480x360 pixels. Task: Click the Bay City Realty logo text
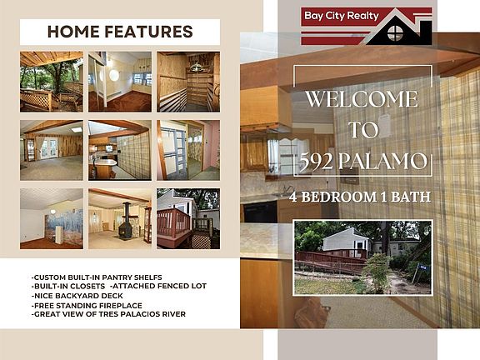(x=342, y=16)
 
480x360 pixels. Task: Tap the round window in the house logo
(x=395, y=33)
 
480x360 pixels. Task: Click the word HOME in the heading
(x=73, y=32)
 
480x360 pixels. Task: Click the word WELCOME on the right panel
(x=362, y=99)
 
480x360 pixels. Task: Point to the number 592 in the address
(x=316, y=161)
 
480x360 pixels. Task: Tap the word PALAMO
(x=382, y=161)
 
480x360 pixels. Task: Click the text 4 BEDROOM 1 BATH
(x=360, y=197)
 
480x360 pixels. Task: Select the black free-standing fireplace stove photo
(x=120, y=218)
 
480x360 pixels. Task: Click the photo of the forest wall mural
(x=52, y=218)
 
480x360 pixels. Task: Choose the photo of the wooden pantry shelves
(x=188, y=82)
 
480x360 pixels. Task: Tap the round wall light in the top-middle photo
(x=114, y=75)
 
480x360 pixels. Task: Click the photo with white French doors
(x=52, y=150)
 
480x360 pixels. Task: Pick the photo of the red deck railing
(x=188, y=218)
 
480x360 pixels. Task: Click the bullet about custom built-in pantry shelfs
(x=97, y=277)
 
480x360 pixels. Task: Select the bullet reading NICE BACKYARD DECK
(x=77, y=296)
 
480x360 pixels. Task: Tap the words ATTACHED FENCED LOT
(x=158, y=286)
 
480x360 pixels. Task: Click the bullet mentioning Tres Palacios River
(x=108, y=314)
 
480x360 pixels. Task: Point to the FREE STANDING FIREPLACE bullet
(x=87, y=306)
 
